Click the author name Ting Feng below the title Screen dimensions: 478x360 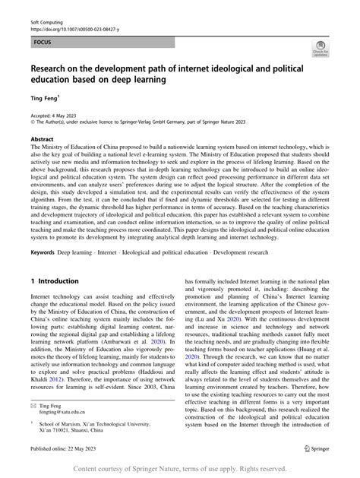(39, 99)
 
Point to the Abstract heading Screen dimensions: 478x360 (41, 140)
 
